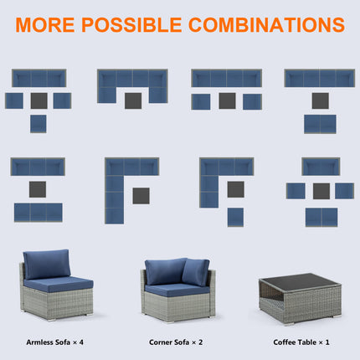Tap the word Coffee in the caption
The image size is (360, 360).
pos(286,342)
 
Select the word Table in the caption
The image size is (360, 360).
pos(315,342)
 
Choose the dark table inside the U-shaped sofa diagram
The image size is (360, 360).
pos(132,100)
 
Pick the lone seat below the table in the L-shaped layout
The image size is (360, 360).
pos(235,217)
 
